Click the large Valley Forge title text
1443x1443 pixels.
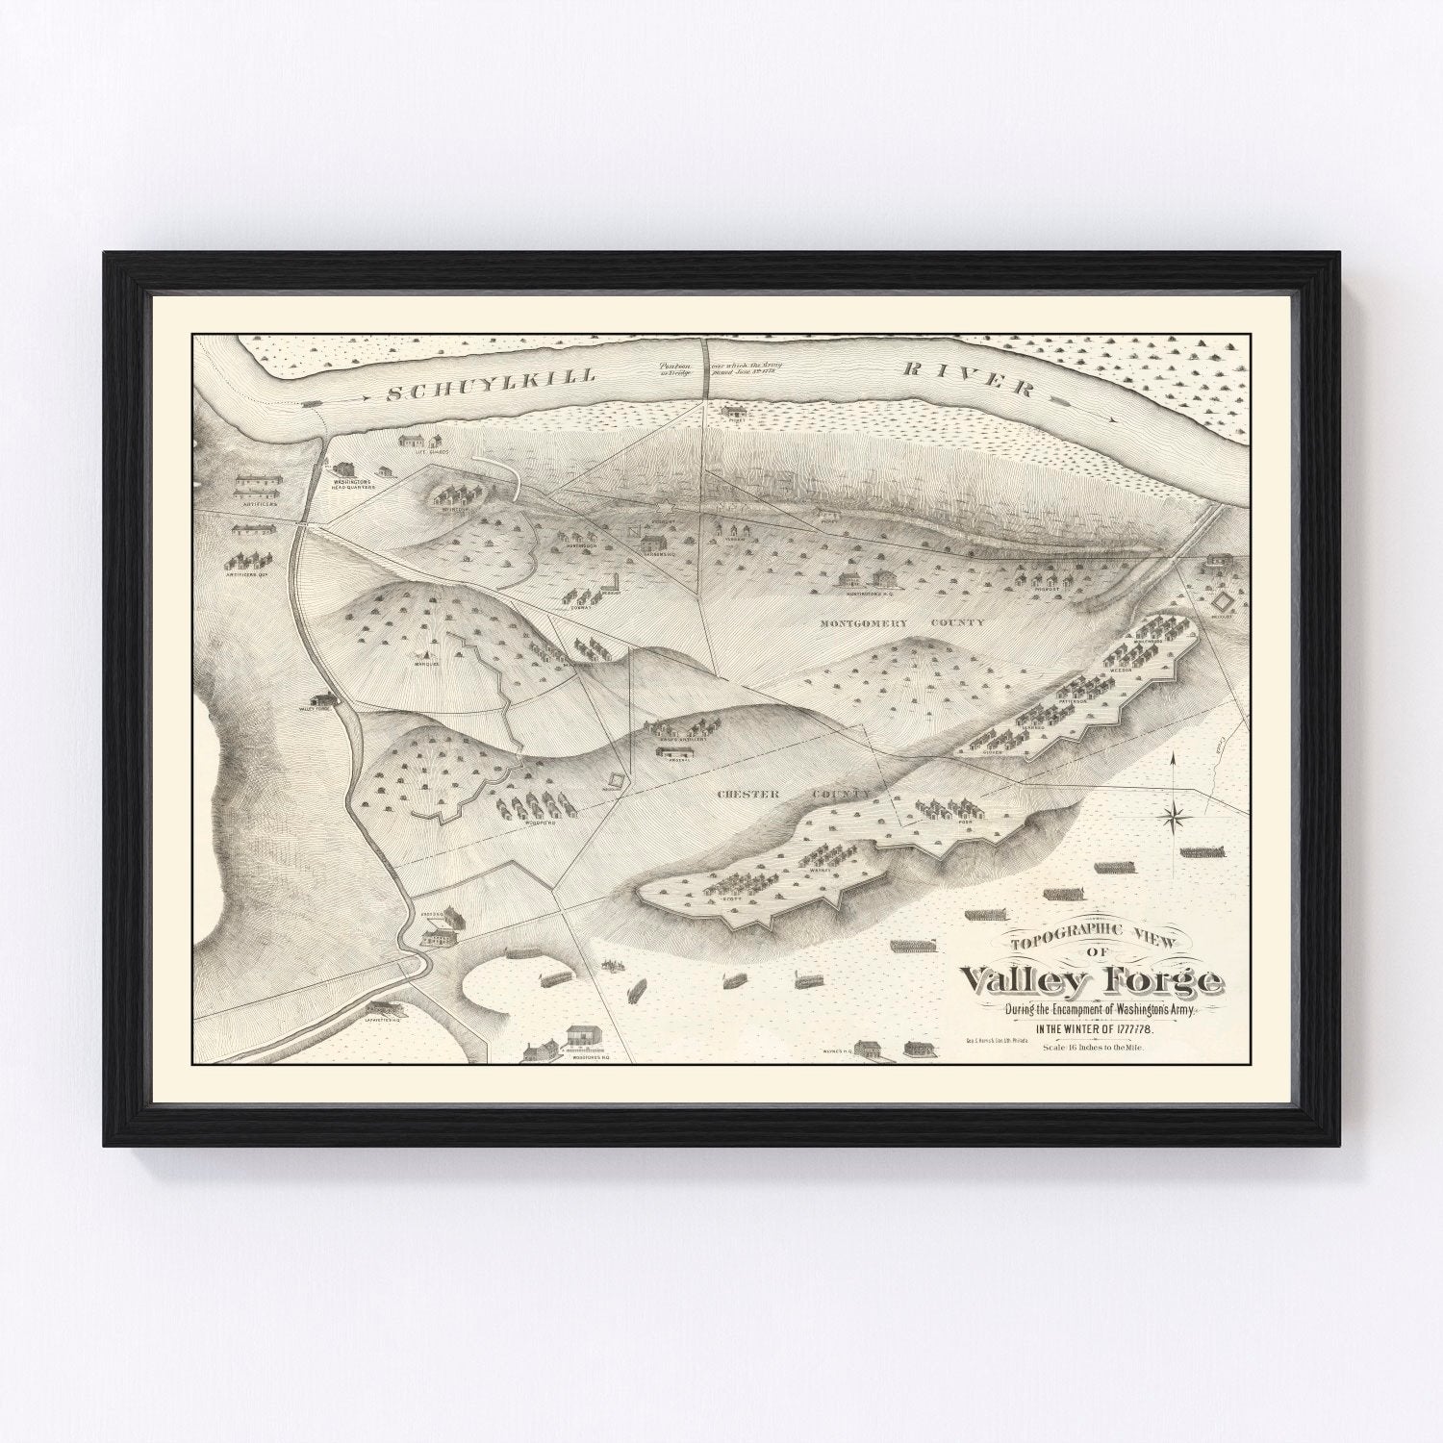(x=1093, y=982)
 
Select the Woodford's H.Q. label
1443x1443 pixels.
(x=588, y=1056)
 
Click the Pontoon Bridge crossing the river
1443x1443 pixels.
(x=704, y=366)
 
